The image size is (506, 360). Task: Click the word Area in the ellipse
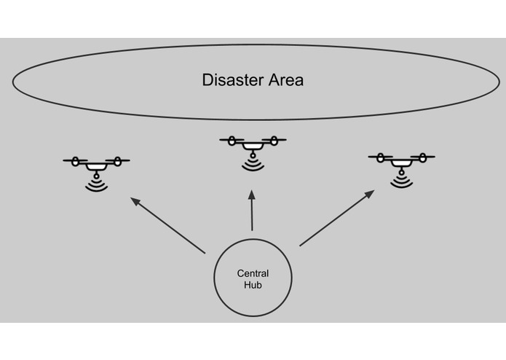click(284, 80)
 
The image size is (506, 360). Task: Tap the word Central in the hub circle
click(253, 274)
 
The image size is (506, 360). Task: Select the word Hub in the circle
click(253, 286)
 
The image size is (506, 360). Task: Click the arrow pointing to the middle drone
click(252, 212)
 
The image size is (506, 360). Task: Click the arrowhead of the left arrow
click(135, 199)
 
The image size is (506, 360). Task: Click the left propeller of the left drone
click(76, 160)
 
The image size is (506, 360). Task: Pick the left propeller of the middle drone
click(233, 139)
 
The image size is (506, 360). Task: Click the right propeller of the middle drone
click(273, 139)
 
